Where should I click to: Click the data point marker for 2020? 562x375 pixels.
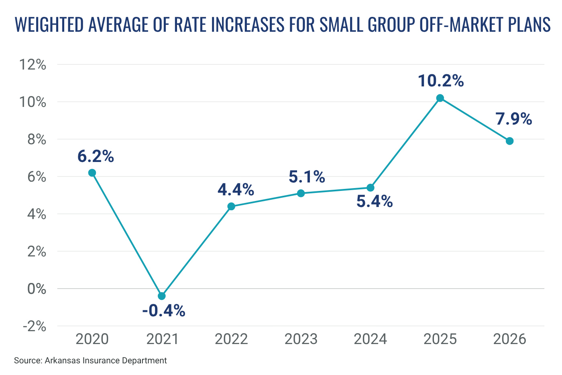click(92, 173)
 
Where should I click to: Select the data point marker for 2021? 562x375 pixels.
click(162, 296)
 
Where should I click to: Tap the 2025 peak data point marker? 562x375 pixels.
click(440, 98)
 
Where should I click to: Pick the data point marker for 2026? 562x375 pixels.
click(509, 141)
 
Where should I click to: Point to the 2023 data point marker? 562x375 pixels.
click(301, 193)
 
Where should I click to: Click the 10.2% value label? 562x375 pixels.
click(441, 81)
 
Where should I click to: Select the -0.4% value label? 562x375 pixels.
click(164, 311)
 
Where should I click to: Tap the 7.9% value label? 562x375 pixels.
click(513, 119)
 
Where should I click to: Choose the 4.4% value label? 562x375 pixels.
click(236, 190)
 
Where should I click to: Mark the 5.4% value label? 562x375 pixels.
click(375, 201)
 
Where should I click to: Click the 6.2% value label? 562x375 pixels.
click(96, 156)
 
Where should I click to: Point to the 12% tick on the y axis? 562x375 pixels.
click(33, 64)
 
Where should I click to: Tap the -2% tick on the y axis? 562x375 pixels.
click(34, 326)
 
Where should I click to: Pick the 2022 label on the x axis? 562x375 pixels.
click(231, 339)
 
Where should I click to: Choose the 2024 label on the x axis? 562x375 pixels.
click(370, 339)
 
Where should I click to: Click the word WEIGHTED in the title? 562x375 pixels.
click(49, 25)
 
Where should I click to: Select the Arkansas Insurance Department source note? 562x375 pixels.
click(90, 361)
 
